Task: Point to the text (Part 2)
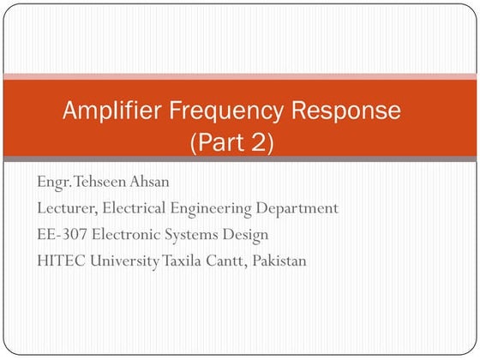(x=231, y=141)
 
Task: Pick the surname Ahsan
(x=151, y=182)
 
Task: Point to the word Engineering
(x=220, y=208)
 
